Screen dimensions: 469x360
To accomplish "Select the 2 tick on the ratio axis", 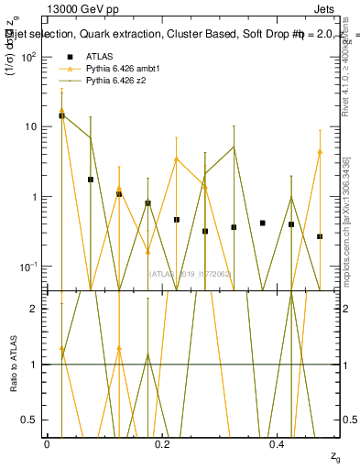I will tap(37, 309).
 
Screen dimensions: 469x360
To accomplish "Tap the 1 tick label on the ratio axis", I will tap(37, 365).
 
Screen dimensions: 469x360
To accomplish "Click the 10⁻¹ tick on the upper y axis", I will tap(30, 267).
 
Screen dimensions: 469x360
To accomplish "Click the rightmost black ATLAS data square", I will tap(320, 236).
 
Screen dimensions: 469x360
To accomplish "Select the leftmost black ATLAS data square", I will tap(61, 115).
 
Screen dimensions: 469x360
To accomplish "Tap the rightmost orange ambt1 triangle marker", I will tap(320, 152).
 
